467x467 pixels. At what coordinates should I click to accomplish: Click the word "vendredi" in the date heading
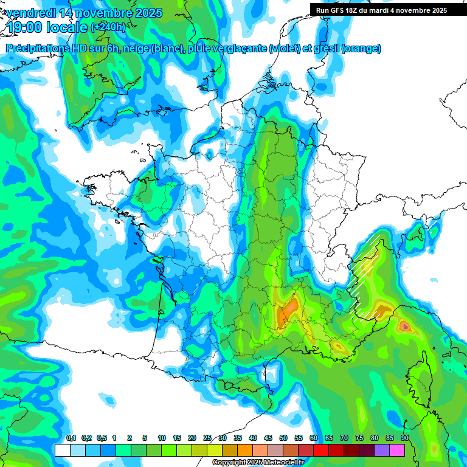click(x=29, y=13)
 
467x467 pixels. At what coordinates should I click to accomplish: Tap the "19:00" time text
click(x=28, y=27)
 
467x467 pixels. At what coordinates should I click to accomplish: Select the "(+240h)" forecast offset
click(x=108, y=27)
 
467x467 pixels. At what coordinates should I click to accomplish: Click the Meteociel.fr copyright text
click(x=258, y=463)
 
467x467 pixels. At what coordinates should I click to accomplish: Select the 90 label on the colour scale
click(x=404, y=438)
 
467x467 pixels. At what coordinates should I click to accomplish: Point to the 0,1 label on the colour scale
click(x=71, y=438)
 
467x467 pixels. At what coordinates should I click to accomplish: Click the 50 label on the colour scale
click(x=283, y=438)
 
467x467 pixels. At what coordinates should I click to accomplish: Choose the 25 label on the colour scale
click(x=207, y=438)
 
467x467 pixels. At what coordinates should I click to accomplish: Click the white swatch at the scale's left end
click(x=62, y=450)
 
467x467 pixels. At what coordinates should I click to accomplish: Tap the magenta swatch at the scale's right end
click(x=397, y=450)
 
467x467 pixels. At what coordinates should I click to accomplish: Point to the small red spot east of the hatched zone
click(x=405, y=327)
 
